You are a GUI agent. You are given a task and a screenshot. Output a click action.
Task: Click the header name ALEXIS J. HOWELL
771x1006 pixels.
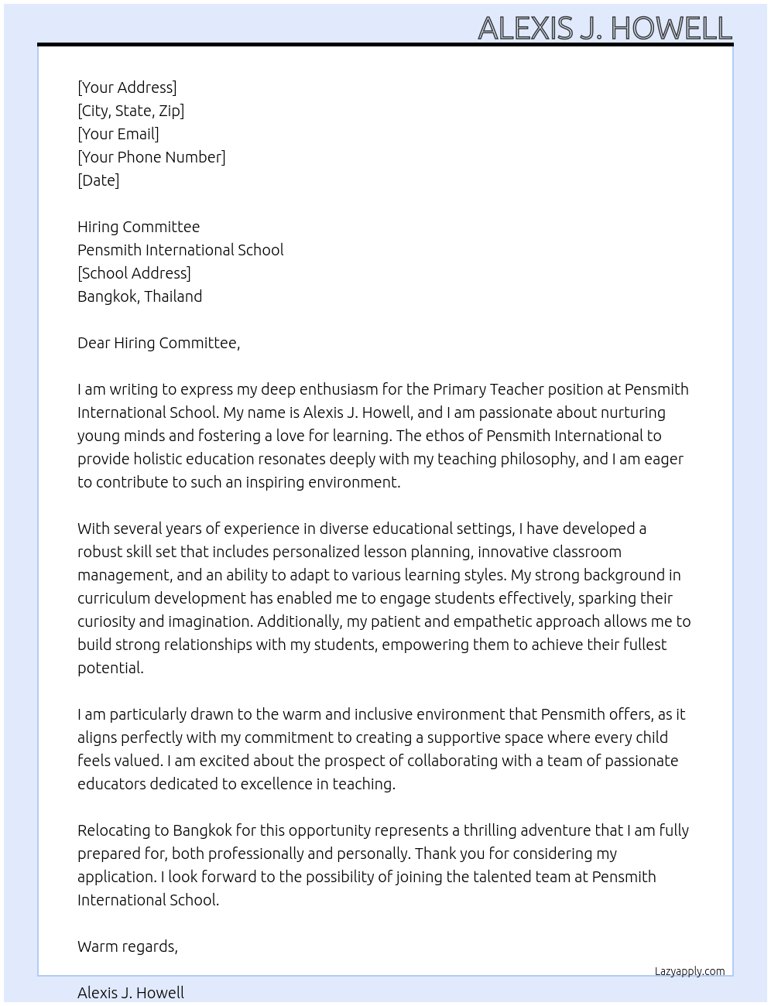(605, 28)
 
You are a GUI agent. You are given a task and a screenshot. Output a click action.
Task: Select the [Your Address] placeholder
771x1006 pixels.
(127, 87)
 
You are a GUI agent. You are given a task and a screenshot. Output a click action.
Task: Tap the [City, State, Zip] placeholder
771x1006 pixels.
(131, 111)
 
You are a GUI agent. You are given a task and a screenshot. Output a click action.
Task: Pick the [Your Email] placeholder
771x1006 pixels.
(118, 134)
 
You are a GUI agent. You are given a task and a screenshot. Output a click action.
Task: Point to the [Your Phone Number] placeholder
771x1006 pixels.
(152, 157)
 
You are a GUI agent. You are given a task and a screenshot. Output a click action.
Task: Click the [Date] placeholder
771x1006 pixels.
(98, 180)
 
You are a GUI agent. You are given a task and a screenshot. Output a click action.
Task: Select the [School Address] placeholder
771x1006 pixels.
(134, 273)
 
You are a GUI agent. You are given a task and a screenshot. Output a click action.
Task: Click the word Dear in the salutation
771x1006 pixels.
(94, 343)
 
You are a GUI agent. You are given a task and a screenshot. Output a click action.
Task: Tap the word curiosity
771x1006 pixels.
(106, 621)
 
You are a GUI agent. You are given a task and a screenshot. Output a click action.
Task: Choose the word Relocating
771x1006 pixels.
(112, 830)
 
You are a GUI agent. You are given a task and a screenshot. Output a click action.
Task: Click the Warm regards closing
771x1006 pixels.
(128, 946)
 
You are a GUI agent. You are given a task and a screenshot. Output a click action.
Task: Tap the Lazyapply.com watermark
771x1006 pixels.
(690, 971)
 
